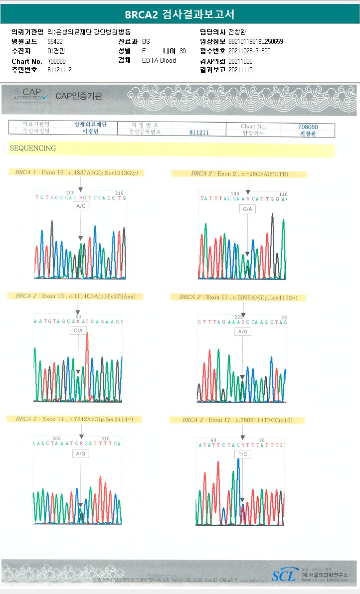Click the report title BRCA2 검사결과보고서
(180, 13)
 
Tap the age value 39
(182, 51)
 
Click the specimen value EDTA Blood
(159, 60)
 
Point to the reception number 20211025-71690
(249, 51)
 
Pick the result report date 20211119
(240, 70)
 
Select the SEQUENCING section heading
(33, 148)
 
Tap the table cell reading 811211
(199, 133)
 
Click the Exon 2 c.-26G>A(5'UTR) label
(239, 174)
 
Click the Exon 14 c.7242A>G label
(73, 419)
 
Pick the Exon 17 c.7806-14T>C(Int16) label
(237, 420)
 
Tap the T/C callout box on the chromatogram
(243, 454)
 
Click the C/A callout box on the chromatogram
(78, 331)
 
